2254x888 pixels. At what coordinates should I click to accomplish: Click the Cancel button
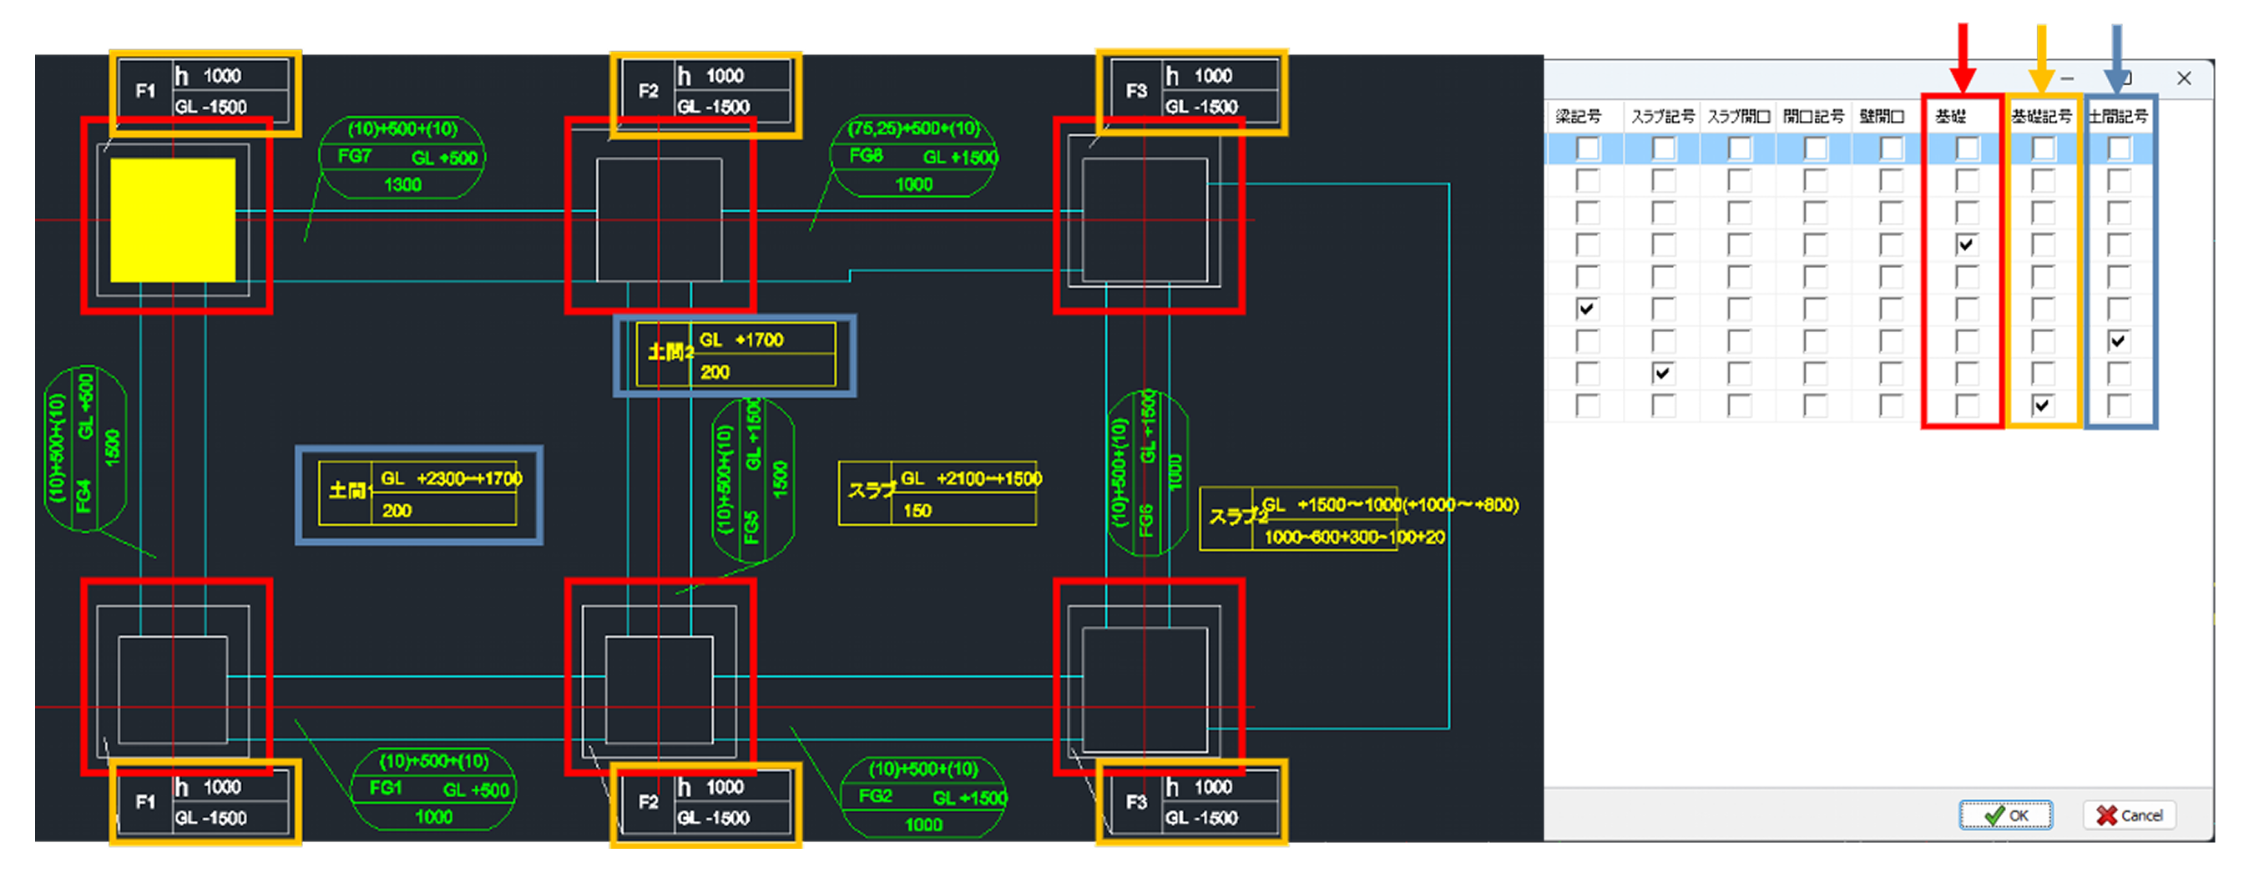tap(2129, 815)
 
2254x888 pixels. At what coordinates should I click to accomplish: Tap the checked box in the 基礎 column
tap(1965, 245)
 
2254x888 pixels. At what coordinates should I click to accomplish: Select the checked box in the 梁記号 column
tap(1585, 309)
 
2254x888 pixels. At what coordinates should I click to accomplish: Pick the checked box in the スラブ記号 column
tap(1661, 374)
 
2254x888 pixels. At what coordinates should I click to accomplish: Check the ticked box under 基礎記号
tap(2041, 405)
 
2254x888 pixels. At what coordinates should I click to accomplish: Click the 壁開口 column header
tap(1883, 116)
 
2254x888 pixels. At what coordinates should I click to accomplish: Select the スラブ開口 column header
tap(1739, 116)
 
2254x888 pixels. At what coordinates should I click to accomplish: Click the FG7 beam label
tap(354, 157)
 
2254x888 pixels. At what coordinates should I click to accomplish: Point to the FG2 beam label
tap(874, 795)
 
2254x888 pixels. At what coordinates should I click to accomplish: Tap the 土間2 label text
tap(670, 352)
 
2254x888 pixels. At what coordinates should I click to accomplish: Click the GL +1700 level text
tap(741, 340)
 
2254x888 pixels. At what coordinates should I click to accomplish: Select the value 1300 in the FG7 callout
tap(402, 184)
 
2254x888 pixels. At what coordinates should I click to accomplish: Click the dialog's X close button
tap(2184, 78)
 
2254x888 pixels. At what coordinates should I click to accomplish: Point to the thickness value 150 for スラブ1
tap(916, 511)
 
